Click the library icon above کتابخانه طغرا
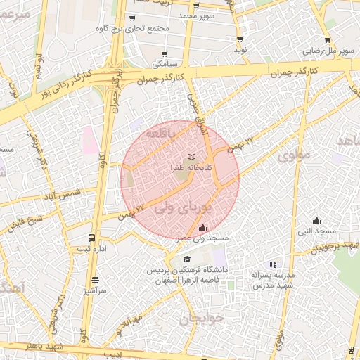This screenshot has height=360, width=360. coord(192,157)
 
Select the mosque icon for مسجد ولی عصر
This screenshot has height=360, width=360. coord(203,227)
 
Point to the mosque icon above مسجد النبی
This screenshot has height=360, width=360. coord(316,219)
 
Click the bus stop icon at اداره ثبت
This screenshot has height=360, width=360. coord(92,238)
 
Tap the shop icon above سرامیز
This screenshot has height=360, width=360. coord(95,279)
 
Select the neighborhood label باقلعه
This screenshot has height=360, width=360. coord(162,132)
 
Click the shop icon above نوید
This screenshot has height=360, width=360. coord(240,39)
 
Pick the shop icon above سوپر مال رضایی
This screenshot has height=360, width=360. coord(328,40)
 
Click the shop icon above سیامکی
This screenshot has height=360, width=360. coord(165,53)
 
